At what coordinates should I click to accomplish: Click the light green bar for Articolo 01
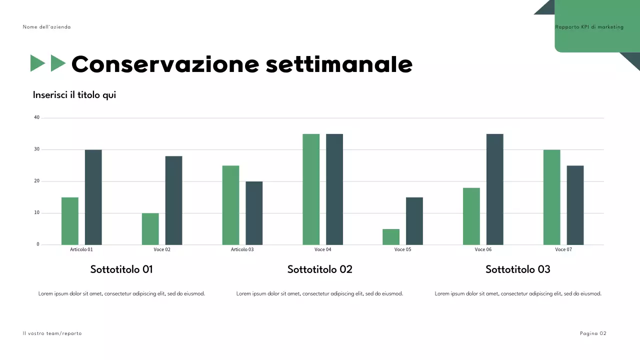coord(70,221)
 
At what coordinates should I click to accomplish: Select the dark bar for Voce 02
coord(173,200)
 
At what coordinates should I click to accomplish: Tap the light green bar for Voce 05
coord(391,237)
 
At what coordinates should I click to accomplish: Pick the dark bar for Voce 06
coord(495,189)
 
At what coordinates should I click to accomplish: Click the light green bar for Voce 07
coord(551,197)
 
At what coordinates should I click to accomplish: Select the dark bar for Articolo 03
coord(254,213)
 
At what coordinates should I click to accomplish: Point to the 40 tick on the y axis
coord(36,118)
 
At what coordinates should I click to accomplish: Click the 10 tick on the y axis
coord(36,213)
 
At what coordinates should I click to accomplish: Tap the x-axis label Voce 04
coord(322,249)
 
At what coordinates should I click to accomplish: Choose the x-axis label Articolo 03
coord(242,249)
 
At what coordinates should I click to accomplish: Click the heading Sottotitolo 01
coord(121,269)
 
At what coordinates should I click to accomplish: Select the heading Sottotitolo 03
coord(517,269)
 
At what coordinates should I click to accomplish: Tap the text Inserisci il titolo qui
coord(74,95)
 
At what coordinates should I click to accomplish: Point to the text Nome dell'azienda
coord(46,27)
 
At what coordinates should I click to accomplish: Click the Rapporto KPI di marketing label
coord(589,27)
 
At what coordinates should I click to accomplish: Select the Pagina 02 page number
coord(593,333)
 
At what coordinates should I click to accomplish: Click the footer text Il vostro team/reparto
coord(52,333)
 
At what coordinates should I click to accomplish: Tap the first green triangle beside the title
coord(37,63)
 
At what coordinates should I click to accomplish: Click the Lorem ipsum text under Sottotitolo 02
coord(319,294)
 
